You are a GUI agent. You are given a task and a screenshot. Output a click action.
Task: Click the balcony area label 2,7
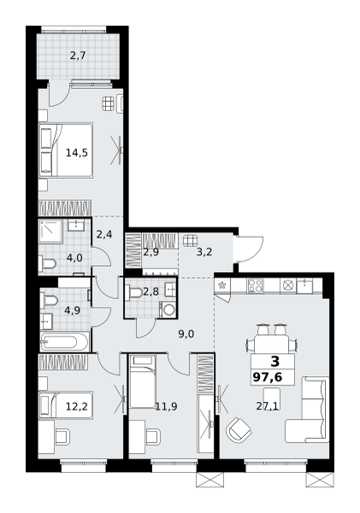(x=78, y=56)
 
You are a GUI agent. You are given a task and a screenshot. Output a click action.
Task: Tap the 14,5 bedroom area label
(x=77, y=152)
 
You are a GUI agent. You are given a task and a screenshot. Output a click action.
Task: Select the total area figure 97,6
(x=268, y=377)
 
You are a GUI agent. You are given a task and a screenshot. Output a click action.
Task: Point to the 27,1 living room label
(x=267, y=406)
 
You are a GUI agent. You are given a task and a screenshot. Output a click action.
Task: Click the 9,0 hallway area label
(x=186, y=334)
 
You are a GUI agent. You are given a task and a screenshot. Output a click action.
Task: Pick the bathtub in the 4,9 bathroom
(x=64, y=342)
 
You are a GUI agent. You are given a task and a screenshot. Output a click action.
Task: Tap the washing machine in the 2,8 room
(x=168, y=310)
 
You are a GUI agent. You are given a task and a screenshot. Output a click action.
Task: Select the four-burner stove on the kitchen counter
(x=255, y=286)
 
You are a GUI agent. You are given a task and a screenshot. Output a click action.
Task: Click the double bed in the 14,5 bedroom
(x=66, y=150)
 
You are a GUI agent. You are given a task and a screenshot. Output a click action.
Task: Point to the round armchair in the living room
(x=239, y=430)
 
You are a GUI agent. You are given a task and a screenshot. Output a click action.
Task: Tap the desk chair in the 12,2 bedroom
(x=62, y=437)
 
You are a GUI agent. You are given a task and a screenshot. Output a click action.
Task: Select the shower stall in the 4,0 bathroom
(x=50, y=232)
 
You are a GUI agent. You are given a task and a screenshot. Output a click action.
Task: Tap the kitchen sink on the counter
(x=305, y=285)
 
